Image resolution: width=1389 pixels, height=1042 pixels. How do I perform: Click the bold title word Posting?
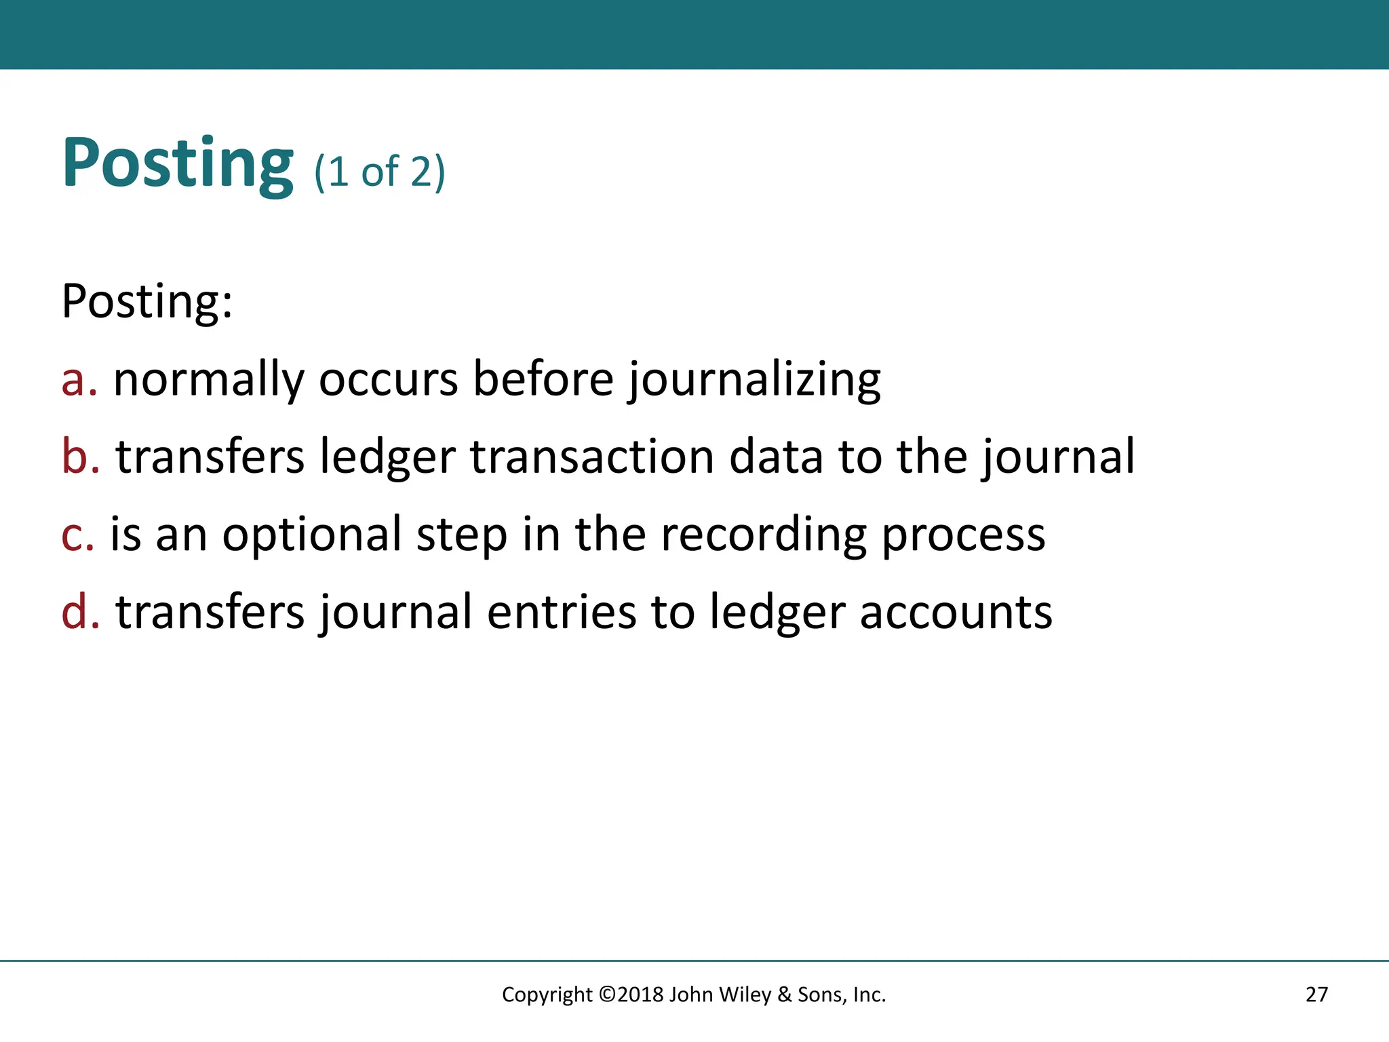(178, 164)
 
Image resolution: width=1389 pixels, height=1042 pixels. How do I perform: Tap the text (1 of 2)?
(379, 171)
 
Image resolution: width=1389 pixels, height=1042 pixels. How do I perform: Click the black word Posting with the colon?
(147, 301)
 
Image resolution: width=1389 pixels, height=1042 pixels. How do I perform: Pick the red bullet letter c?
(77, 535)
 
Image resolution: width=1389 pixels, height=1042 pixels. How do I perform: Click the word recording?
(764, 535)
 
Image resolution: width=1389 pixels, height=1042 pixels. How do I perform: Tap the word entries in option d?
(561, 612)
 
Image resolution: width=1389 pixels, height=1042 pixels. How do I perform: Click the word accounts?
(956, 612)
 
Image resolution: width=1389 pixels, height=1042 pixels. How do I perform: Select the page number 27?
(1316, 995)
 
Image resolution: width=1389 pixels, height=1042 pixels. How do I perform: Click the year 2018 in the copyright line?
(640, 995)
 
